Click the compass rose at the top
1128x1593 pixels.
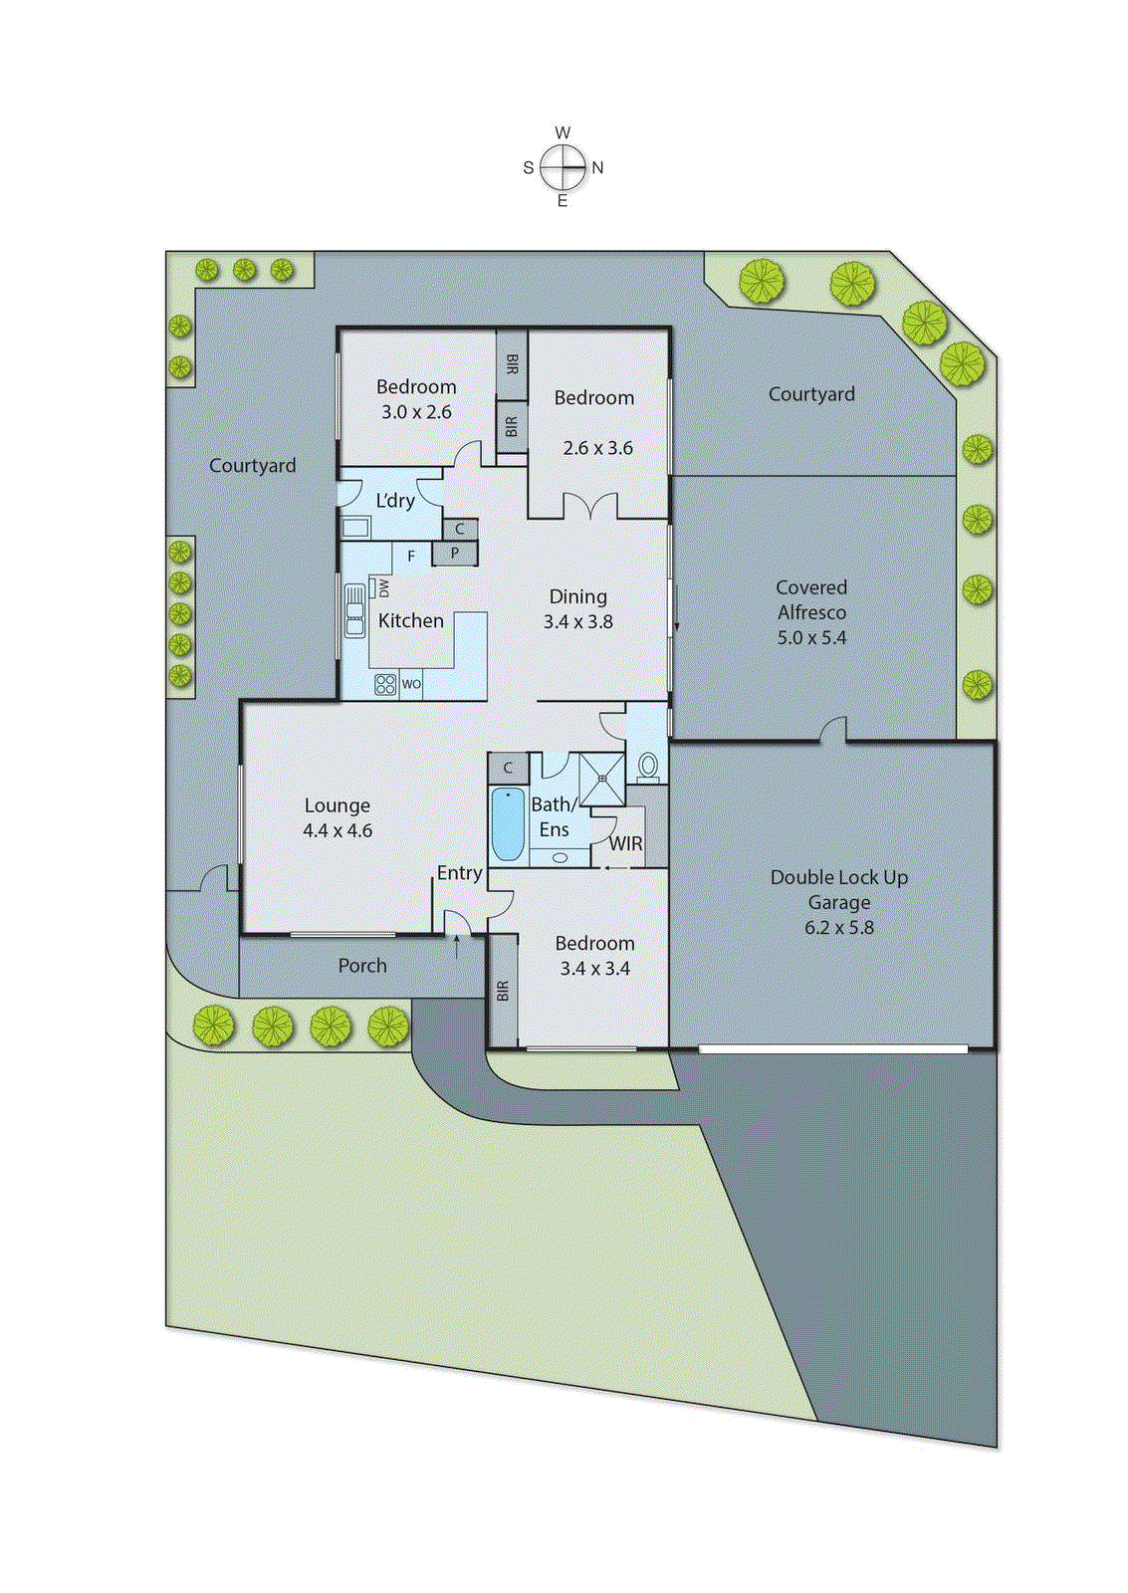[564, 167]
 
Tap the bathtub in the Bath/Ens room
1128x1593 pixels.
[508, 824]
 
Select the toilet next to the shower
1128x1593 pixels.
[648, 766]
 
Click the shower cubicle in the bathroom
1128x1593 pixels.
[601, 779]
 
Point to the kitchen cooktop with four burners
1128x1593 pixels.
[385, 684]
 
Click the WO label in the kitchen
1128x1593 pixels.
[411, 684]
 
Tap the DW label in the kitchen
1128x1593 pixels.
[383, 587]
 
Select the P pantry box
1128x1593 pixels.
[455, 554]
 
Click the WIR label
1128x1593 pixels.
[625, 843]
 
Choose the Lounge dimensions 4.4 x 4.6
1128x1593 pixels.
[338, 830]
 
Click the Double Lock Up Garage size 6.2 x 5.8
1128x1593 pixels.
[839, 927]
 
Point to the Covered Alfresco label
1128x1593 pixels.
[811, 599]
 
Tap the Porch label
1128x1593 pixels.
[362, 965]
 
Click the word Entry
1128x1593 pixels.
[459, 872]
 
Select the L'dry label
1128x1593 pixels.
[395, 500]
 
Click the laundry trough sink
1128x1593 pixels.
[355, 527]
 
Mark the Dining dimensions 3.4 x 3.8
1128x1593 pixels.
[577, 621]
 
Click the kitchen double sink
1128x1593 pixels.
[354, 610]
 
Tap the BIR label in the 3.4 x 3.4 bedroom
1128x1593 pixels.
[503, 991]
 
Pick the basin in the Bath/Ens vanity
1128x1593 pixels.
[560, 857]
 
